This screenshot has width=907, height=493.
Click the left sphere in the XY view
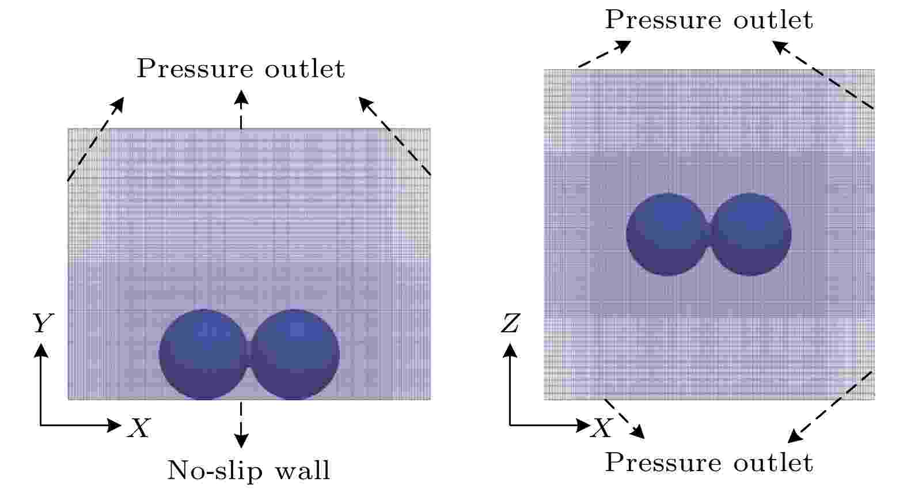point(203,354)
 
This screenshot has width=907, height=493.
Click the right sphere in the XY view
point(295,354)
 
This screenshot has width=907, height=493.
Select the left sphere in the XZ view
point(667,234)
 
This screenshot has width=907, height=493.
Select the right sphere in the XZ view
point(750,234)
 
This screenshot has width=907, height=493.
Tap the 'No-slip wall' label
point(249,470)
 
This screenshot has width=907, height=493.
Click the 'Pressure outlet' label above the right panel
point(708,19)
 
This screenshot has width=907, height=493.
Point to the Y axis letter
point(43,323)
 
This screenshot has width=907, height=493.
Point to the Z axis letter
point(510,323)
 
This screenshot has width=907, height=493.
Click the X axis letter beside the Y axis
point(139,427)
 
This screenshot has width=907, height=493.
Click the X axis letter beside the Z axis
point(602,427)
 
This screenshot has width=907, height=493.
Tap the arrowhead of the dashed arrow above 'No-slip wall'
point(241,441)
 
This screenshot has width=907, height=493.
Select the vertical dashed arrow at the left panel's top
point(241,110)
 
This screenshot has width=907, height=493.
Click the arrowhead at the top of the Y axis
point(41,350)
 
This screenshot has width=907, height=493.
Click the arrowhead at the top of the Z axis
point(510,350)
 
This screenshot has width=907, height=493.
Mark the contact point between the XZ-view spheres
point(709,234)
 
